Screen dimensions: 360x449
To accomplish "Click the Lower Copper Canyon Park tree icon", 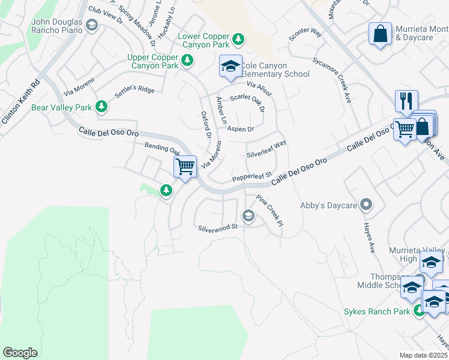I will pyautogui.click(x=238, y=39).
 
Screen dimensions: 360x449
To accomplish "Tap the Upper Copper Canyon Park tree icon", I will pyautogui.click(x=187, y=59).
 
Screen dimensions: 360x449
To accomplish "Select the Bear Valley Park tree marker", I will pyautogui.click(x=101, y=107).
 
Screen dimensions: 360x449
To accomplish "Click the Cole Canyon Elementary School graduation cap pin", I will pyautogui.click(x=231, y=67).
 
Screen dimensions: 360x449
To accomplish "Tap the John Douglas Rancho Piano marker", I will pyautogui.click(x=91, y=25).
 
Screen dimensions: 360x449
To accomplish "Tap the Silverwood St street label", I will pyautogui.click(x=218, y=227).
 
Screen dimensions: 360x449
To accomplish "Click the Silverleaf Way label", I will pyautogui.click(x=267, y=149).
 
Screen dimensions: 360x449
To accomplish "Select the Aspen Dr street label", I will pyautogui.click(x=240, y=129).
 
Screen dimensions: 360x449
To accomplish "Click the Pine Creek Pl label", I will pyautogui.click(x=269, y=209).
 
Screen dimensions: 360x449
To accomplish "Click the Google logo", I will pyautogui.click(x=20, y=353).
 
